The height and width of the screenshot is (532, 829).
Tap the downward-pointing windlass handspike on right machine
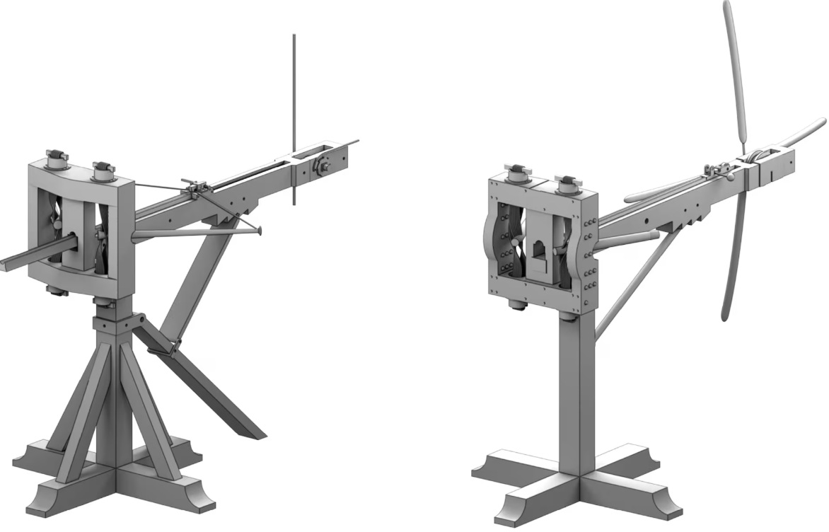point(732,262)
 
